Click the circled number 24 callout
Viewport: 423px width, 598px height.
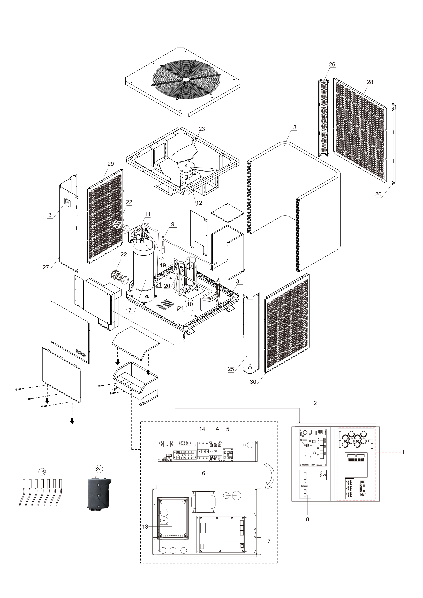pyautogui.click(x=99, y=469)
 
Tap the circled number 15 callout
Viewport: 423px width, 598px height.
pyautogui.click(x=42, y=472)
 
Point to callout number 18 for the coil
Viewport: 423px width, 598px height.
pyautogui.click(x=293, y=127)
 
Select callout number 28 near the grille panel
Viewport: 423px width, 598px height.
pyautogui.click(x=370, y=82)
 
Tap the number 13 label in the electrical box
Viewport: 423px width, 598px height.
pyautogui.click(x=145, y=527)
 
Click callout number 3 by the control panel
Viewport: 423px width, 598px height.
pyautogui.click(x=50, y=215)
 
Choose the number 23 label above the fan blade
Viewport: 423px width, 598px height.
pyautogui.click(x=202, y=129)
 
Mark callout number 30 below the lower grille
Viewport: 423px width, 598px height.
pyautogui.click(x=253, y=382)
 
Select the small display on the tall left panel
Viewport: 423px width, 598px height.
pyautogui.click(x=67, y=202)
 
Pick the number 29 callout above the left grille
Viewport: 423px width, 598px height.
pyautogui.click(x=111, y=164)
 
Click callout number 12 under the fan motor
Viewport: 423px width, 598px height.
pyautogui.click(x=199, y=203)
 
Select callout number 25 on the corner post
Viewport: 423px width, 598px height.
pyautogui.click(x=231, y=369)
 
